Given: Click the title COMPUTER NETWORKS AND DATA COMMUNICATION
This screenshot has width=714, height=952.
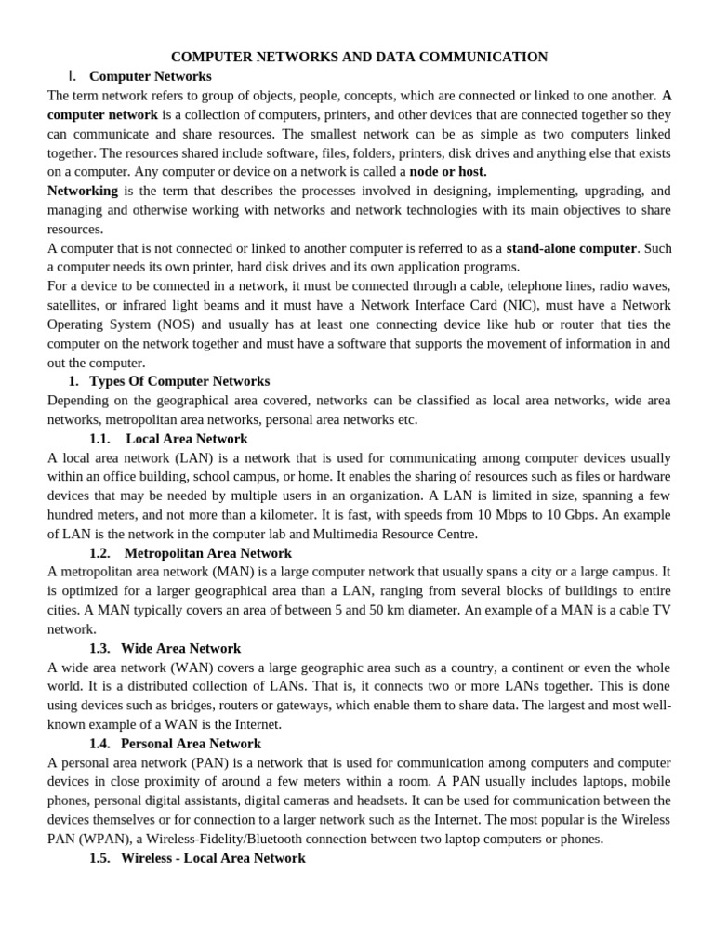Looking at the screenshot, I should (x=359, y=57).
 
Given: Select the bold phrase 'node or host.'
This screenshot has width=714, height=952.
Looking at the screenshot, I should (x=448, y=172).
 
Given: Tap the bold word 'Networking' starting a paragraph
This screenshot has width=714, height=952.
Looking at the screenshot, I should (x=83, y=191).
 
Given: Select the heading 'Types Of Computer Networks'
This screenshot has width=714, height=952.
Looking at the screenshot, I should (x=179, y=381).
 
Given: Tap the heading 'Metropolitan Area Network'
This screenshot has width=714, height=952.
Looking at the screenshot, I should (x=207, y=553).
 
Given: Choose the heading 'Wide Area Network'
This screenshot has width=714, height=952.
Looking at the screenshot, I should (x=180, y=648).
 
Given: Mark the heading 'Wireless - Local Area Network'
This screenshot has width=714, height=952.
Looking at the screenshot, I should (x=213, y=858).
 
